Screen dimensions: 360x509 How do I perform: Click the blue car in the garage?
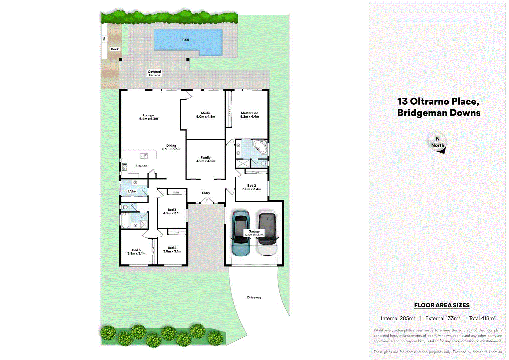241,233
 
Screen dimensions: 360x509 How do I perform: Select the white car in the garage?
267,234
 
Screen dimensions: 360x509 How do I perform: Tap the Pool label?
186,40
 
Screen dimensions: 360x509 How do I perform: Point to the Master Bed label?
250,113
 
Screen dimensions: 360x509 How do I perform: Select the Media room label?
206,113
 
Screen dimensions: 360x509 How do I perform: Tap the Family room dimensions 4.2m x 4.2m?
206,161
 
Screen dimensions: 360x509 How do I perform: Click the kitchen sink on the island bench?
144,156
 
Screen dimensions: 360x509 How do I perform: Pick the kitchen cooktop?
124,167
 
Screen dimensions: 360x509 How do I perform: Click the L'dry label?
132,191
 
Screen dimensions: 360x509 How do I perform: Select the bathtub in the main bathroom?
125,220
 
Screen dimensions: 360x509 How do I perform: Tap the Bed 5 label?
136,250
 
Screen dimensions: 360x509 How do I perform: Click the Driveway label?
254,297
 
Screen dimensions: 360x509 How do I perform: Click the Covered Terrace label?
154,73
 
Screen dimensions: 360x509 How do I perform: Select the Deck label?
115,49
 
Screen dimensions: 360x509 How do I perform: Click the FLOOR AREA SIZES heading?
442,305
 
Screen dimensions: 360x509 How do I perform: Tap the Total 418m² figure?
482,318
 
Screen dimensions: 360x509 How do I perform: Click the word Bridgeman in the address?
422,113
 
